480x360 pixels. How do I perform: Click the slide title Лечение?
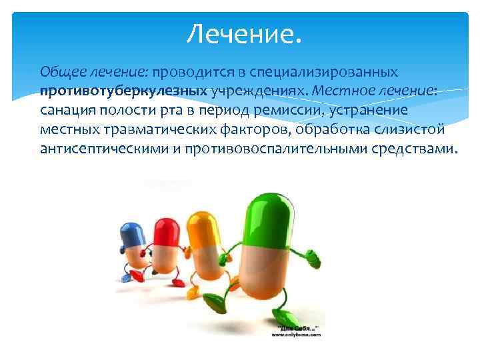[x=243, y=33]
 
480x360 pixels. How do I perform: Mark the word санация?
[x=66, y=109]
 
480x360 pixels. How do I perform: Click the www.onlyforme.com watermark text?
[x=295, y=335]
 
